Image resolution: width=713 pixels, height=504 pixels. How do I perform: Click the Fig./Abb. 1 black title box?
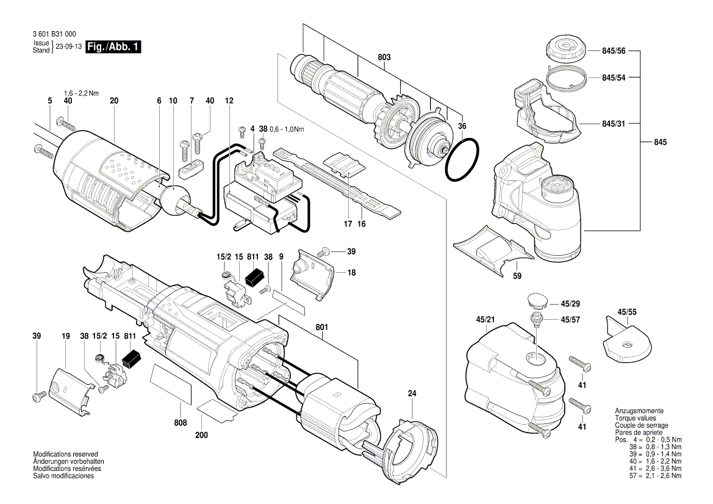(113, 47)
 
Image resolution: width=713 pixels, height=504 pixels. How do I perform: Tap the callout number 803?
(384, 57)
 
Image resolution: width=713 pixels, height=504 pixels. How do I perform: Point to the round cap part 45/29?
(535, 301)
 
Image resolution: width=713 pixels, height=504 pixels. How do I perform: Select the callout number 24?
(412, 394)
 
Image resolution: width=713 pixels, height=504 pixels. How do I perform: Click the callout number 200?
(202, 435)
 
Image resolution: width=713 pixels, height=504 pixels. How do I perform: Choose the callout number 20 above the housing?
(114, 100)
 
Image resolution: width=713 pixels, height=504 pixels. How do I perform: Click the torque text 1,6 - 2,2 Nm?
(81, 93)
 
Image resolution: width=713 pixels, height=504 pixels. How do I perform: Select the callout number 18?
(351, 273)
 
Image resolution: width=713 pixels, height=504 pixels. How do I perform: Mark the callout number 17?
(348, 224)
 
